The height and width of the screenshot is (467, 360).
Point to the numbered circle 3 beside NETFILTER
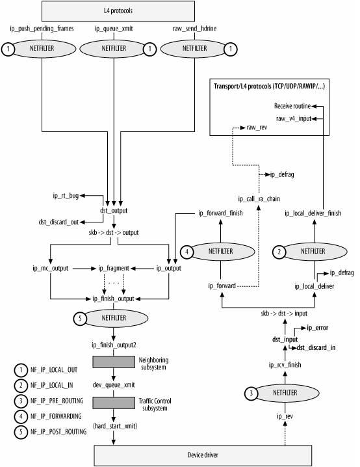(251, 394)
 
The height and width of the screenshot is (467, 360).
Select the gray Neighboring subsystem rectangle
(114, 361)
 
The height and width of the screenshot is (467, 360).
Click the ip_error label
(318, 328)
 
